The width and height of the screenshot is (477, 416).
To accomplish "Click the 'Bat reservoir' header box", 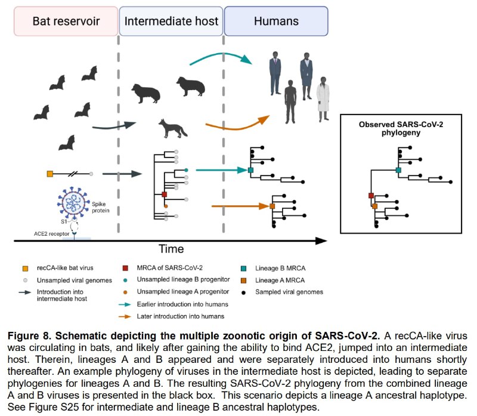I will click(x=66, y=21).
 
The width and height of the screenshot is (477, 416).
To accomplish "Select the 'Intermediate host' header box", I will click(x=171, y=21).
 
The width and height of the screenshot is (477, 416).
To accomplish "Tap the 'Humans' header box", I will click(x=276, y=21).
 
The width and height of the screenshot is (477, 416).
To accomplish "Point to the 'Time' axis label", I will click(x=171, y=248).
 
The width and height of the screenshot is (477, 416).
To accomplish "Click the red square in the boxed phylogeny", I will click(x=371, y=196).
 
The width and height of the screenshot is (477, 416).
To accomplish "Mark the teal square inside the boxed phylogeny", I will click(x=398, y=170).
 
